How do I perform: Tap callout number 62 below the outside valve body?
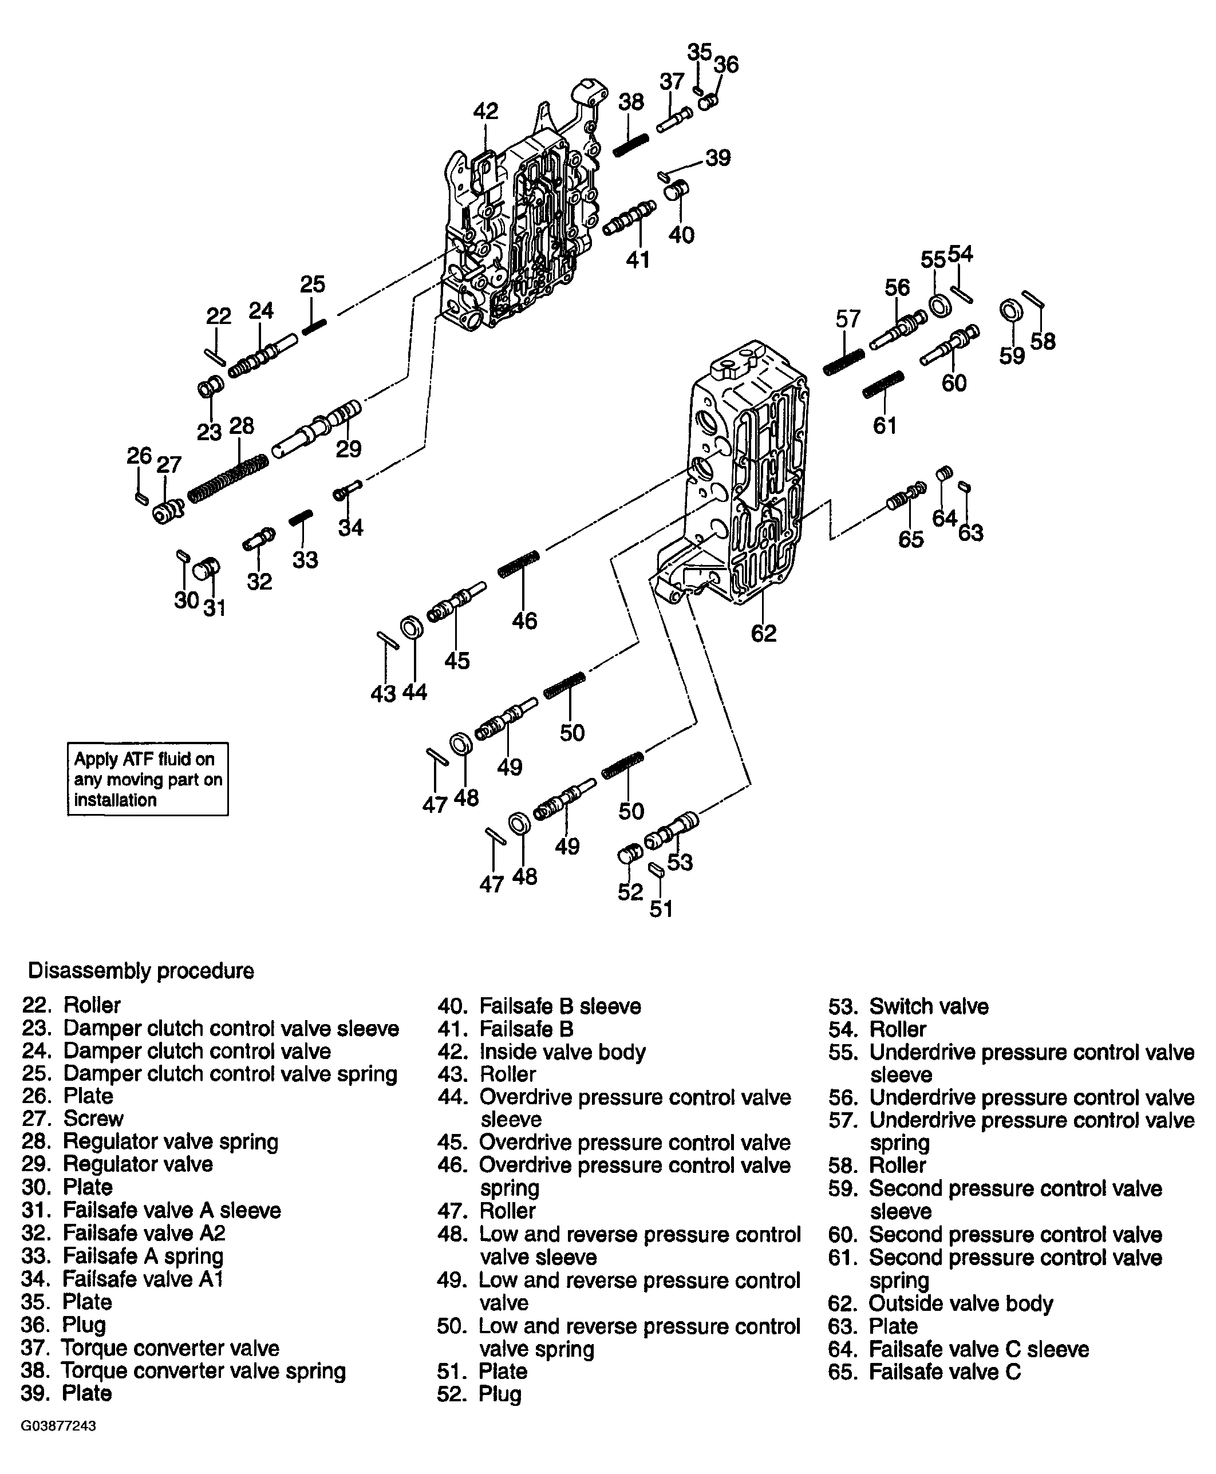coord(764,633)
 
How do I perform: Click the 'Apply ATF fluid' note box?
coord(148,779)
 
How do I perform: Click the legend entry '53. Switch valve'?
coord(909,1006)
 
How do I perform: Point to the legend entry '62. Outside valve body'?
coord(941,1303)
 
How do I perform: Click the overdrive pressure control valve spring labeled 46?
coord(519,564)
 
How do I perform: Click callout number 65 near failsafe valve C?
coord(911,539)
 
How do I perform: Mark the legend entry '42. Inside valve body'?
coord(542,1052)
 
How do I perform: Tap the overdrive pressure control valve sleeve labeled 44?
coord(412,628)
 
